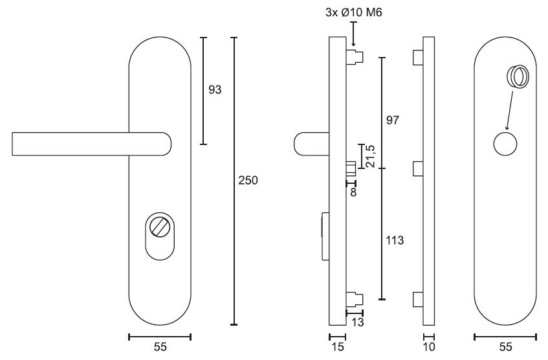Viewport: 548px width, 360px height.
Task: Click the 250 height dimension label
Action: pyautogui.click(x=248, y=180)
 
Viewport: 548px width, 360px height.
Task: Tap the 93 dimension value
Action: pyautogui.click(x=215, y=90)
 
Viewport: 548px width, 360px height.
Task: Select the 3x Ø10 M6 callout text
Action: pyautogui.click(x=354, y=12)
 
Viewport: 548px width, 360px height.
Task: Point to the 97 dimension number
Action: pyautogui.click(x=393, y=120)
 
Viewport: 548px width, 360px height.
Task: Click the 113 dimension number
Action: pyautogui.click(x=395, y=240)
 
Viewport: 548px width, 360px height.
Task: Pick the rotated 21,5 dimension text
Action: pyautogui.click(x=371, y=156)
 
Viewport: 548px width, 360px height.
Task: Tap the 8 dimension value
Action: pyautogui.click(x=353, y=192)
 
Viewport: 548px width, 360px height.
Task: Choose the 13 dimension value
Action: pyautogui.click(x=358, y=322)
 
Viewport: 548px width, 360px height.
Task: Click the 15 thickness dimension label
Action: pyautogui.click(x=338, y=347)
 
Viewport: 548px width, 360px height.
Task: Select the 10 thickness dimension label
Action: pyautogui.click(x=429, y=347)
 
